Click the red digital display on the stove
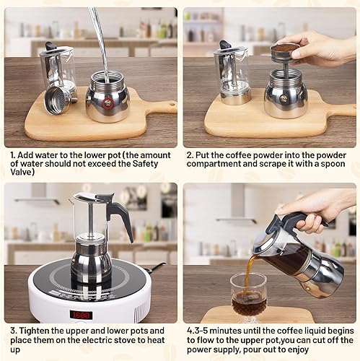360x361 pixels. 80,315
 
